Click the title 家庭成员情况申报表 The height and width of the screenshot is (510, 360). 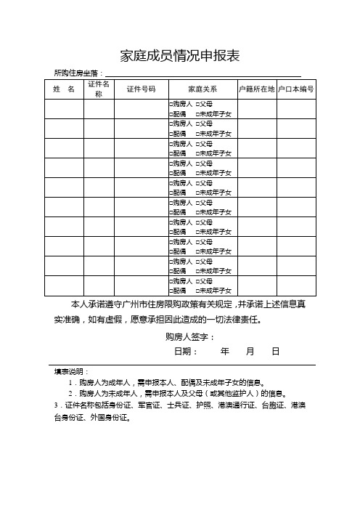coord(179,56)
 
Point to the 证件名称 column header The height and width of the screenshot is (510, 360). coord(99,89)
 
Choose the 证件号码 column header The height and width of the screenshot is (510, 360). coord(141,89)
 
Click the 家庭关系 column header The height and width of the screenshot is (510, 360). coord(202,89)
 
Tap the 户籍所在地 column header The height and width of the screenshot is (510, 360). coord(257,89)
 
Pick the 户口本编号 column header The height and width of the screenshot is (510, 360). coord(296,89)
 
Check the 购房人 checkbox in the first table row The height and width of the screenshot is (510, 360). coord(171,105)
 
